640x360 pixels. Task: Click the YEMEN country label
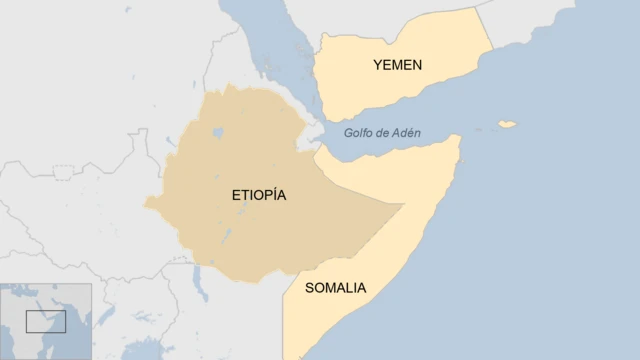coord(397,65)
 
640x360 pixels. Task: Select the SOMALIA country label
coord(335,288)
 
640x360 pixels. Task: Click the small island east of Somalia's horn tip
coord(508,125)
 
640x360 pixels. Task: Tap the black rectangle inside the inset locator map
coord(45,321)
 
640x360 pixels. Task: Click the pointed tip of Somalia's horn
coord(459,138)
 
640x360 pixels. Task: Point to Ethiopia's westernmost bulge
coord(150,205)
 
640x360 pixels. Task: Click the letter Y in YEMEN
coord(378,65)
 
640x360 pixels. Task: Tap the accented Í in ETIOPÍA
coord(270,195)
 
